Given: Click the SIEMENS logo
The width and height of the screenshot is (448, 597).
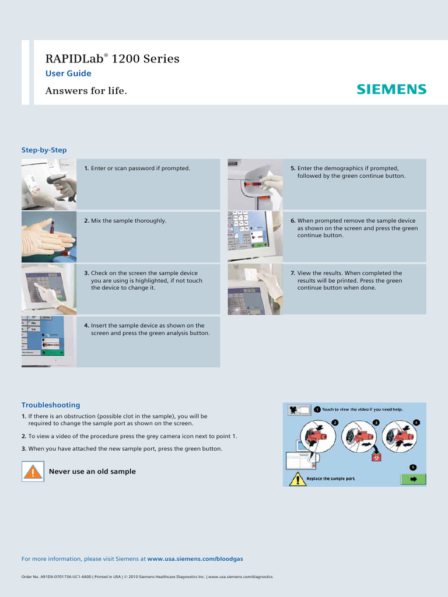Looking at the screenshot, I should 391,89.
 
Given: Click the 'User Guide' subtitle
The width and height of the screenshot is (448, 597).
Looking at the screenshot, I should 68,73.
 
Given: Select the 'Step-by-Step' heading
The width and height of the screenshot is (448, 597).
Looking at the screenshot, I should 44,150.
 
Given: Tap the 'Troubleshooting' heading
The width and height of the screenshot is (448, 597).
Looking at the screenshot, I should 51,405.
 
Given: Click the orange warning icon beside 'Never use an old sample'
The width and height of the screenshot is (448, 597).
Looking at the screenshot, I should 33,471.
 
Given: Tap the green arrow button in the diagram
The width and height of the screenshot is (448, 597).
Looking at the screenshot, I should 414,479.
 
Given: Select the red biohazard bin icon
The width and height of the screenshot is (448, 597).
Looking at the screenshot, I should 376,458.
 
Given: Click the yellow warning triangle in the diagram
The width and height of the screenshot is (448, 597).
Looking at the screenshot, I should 297,479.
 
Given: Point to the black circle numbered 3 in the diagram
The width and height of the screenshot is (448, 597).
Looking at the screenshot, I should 376,422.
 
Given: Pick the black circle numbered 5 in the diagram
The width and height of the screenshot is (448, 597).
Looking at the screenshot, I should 413,467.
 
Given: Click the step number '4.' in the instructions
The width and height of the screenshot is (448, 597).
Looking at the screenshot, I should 86,325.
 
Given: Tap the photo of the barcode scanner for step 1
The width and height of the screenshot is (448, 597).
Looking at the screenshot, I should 49,184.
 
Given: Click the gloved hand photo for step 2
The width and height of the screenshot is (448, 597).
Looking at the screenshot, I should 49,237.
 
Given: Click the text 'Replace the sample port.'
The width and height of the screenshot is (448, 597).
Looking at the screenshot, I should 331,479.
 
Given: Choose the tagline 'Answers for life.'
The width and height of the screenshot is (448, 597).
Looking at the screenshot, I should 86,91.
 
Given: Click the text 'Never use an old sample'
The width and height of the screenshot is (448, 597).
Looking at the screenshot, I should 92,471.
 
